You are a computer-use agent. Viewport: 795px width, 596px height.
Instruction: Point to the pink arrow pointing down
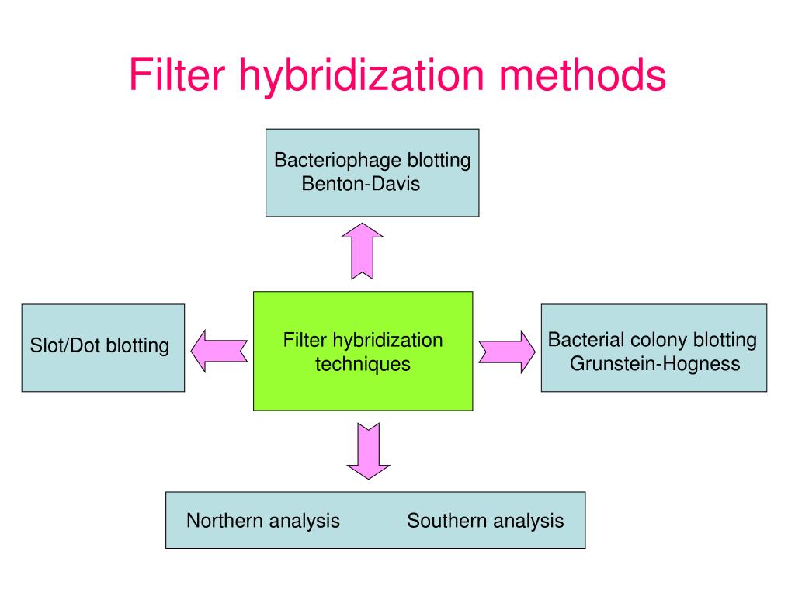click(x=367, y=451)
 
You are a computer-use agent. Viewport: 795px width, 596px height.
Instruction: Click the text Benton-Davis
click(x=360, y=184)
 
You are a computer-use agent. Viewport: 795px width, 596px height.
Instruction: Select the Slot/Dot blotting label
click(x=99, y=346)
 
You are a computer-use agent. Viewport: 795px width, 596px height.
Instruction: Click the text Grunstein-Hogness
click(x=654, y=363)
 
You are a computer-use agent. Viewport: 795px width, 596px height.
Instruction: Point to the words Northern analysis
click(x=262, y=520)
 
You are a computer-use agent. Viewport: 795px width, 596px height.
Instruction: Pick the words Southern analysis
click(x=485, y=520)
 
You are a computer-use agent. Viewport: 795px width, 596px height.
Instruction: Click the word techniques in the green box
click(x=362, y=363)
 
